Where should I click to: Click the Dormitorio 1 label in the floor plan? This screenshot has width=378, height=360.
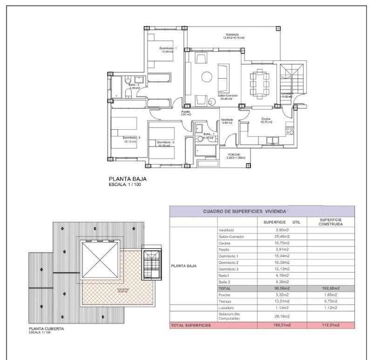pos(168,48)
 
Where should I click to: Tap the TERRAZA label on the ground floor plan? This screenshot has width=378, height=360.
pos(232,35)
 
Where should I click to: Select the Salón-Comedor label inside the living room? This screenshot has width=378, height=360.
pos(228,95)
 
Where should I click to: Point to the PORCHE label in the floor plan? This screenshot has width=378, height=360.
pos(234,154)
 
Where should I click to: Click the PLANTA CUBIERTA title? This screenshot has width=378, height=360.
pos(46,329)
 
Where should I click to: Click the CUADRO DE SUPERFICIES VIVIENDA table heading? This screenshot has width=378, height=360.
pos(245,211)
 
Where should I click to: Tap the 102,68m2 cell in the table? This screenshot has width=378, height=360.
pos(331,288)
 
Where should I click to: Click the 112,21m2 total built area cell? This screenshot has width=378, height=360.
pos(331,325)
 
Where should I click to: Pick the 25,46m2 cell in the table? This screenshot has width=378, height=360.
pos(283,237)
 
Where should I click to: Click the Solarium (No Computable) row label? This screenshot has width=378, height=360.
pos(231,317)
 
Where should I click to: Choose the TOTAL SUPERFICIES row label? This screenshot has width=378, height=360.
pos(191,325)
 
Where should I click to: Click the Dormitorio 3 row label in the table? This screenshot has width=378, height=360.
pos(228,269)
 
